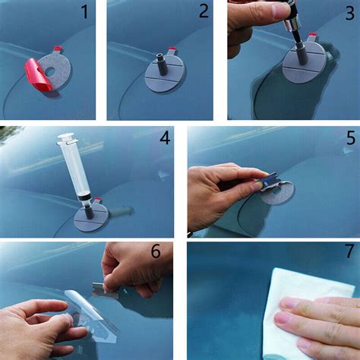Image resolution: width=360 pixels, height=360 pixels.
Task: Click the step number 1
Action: click(85, 12)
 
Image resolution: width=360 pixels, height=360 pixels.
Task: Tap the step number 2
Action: click(204, 11)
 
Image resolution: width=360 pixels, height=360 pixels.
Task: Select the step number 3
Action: click(350, 14)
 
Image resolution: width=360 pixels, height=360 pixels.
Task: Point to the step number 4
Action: click(165, 138)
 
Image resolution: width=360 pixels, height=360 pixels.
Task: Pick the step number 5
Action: click(351, 138)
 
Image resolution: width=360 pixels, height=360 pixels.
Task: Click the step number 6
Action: click(156, 251)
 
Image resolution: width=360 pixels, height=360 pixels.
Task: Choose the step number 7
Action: click(349, 251)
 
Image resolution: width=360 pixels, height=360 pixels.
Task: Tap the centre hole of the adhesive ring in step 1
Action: click(50, 72)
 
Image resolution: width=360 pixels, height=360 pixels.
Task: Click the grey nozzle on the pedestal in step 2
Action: click(163, 65)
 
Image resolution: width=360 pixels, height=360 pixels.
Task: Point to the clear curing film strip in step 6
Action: click(90, 315)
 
